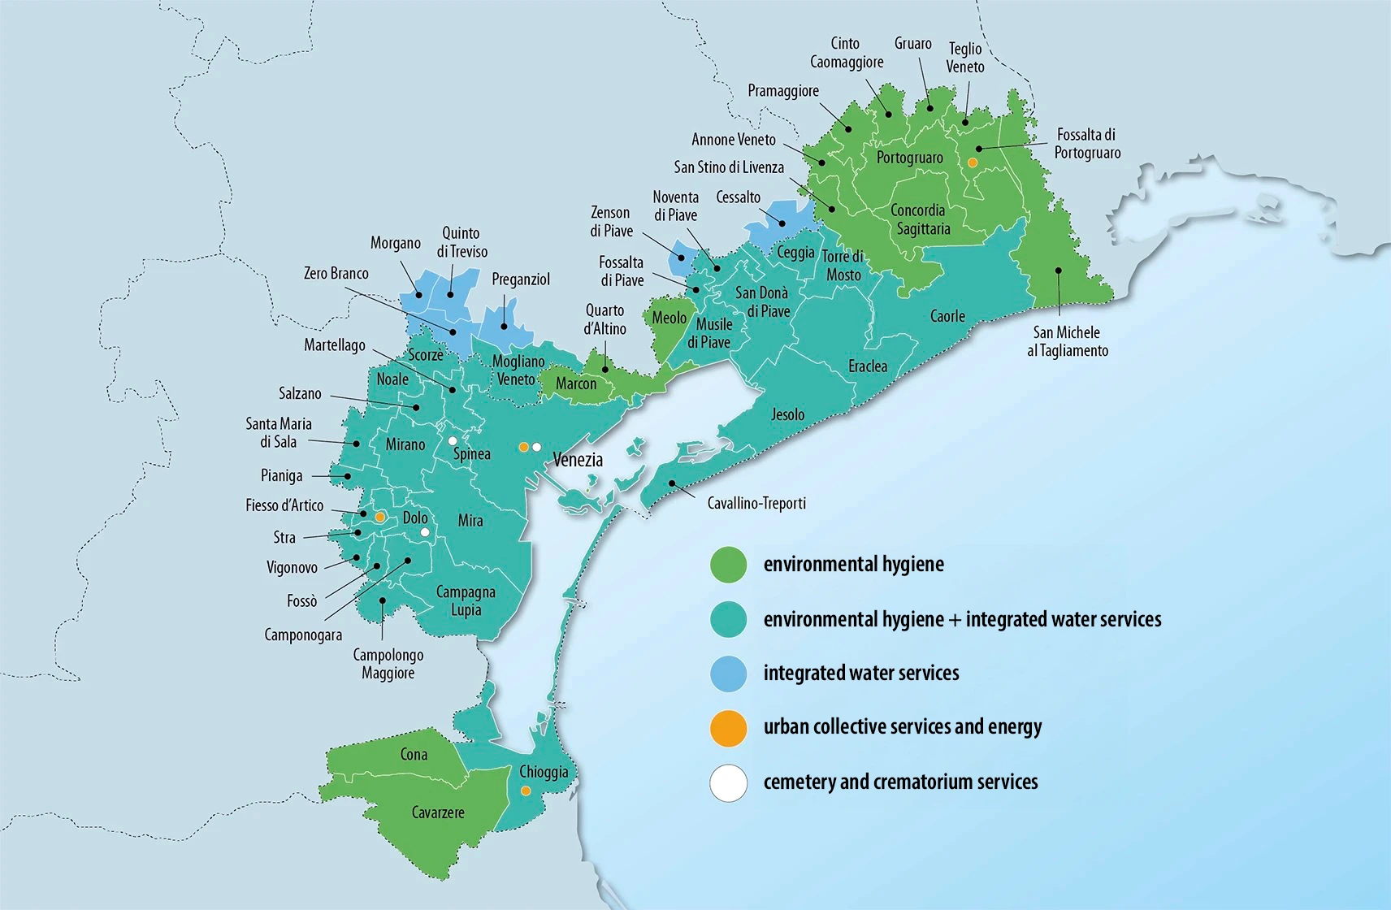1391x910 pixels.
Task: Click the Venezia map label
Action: tap(578, 460)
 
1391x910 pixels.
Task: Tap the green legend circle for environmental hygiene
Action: tap(728, 565)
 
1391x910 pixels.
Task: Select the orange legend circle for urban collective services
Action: tap(728, 728)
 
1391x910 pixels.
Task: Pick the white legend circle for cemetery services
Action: tap(728, 783)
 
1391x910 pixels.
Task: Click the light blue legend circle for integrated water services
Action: tap(728, 674)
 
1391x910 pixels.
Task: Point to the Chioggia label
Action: tap(544, 772)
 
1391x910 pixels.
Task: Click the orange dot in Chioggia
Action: tap(526, 791)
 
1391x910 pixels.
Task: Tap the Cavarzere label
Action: tap(438, 812)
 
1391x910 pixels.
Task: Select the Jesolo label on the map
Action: tap(787, 415)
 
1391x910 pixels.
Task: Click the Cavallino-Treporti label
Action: tap(756, 504)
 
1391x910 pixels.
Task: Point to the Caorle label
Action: tap(947, 316)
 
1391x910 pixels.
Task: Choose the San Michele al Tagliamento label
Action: tap(1067, 341)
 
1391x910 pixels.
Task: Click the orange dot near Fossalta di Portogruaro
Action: tap(973, 162)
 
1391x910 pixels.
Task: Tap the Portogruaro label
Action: tap(909, 158)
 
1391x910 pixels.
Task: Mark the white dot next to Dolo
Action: tap(425, 532)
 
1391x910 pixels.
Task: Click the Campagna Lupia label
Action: tap(466, 601)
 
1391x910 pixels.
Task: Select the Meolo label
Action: tap(669, 318)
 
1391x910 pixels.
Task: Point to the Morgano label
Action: tap(396, 243)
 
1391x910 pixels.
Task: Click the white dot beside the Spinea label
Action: tap(453, 441)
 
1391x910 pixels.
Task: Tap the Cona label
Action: tap(414, 755)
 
